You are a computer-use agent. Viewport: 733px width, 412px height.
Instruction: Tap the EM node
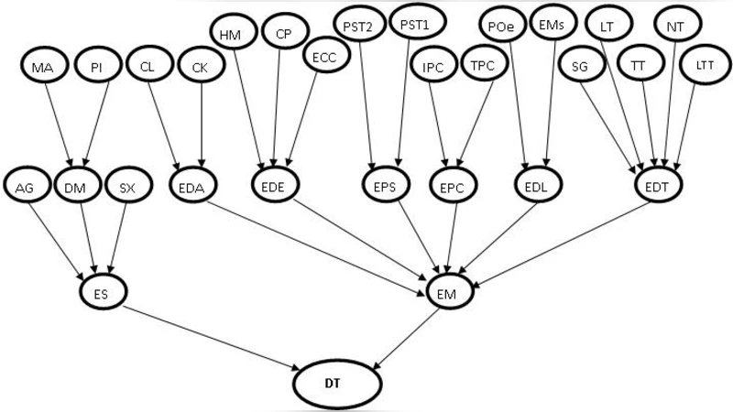pyautogui.click(x=451, y=292)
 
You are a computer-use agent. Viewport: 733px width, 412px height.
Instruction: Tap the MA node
pyautogui.click(x=43, y=67)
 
